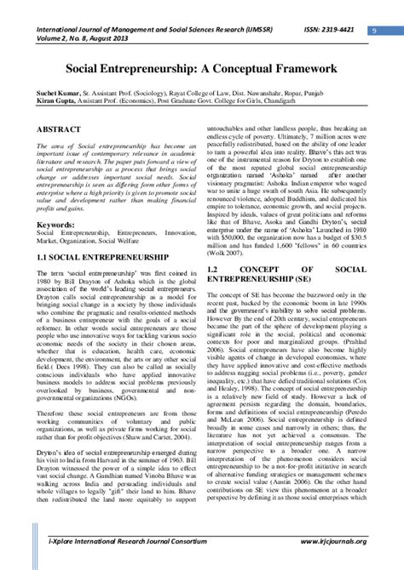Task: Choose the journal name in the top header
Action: tap(153, 28)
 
